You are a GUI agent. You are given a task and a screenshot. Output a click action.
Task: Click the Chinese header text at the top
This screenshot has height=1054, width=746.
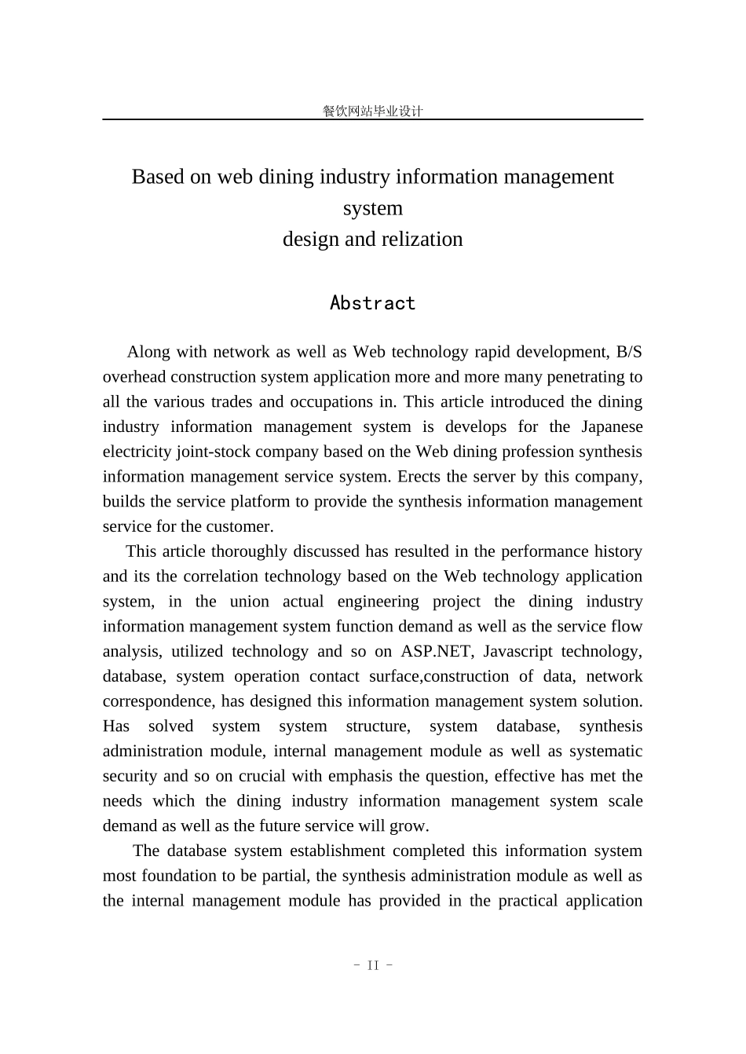click(372, 111)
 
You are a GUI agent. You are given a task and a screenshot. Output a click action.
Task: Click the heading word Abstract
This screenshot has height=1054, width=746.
click(372, 303)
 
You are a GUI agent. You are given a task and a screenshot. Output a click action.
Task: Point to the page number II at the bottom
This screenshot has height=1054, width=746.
click(373, 965)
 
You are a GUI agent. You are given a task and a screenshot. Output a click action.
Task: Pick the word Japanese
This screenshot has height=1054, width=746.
click(612, 426)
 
